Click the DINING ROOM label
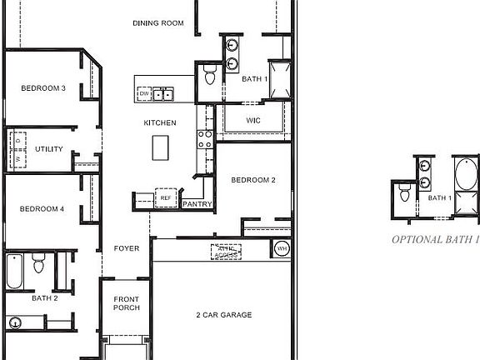coord(157,23)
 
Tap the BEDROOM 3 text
coord(43,88)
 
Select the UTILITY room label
coord(49,149)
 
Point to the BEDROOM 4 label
coord(42,208)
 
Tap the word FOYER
coord(127,248)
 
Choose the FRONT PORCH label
coord(127,303)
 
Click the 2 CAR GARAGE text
coord(223,315)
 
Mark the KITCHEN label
coord(160,122)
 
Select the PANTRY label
coord(197,203)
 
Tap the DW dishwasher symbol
coord(144,94)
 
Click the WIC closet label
coord(254,121)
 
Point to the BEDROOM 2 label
coord(252,180)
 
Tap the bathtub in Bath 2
coord(17,272)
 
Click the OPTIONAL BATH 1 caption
coord(436,239)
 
